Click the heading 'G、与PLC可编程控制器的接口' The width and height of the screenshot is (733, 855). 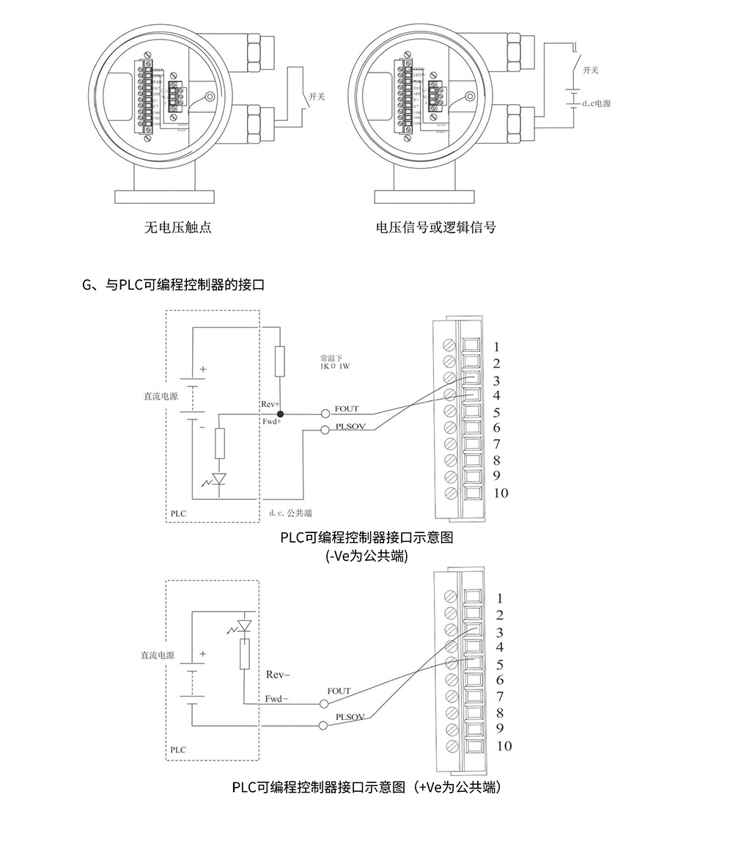(174, 285)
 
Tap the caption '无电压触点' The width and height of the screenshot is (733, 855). (179, 227)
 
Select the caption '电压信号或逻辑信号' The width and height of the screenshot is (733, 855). (435, 227)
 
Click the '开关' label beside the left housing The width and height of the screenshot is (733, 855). (317, 97)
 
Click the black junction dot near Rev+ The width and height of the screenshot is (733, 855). (280, 414)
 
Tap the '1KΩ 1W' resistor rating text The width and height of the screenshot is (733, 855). (335, 365)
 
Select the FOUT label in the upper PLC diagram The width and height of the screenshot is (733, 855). (347, 408)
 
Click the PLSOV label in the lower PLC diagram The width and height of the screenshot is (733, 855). (350, 716)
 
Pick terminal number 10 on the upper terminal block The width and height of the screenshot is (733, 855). (501, 493)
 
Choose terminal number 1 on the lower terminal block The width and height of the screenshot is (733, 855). (500, 598)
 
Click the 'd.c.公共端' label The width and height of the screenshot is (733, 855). (291, 512)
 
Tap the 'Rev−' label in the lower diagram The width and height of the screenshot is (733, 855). (278, 674)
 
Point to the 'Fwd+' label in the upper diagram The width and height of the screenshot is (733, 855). (272, 422)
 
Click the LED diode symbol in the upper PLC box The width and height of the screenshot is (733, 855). (218, 480)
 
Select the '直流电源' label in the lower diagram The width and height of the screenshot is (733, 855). (158, 656)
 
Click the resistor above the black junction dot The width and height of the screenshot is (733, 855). (280, 362)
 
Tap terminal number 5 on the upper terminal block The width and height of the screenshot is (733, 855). (497, 412)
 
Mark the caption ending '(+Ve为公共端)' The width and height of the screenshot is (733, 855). (366, 788)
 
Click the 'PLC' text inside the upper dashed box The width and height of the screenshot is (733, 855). (178, 513)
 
